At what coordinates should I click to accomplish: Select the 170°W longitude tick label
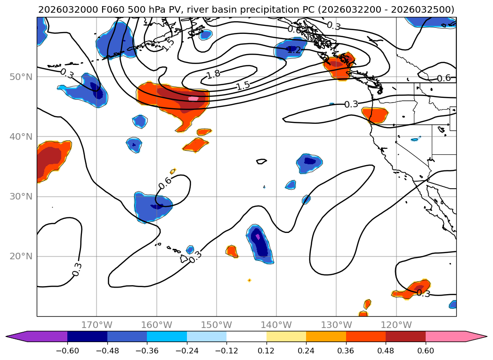coord(97,325)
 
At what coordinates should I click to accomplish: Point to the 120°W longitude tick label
coord(396,325)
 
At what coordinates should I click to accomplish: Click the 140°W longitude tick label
coord(276,325)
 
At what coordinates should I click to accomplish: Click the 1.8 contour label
coord(213,74)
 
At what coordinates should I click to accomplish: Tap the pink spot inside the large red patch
coord(193,98)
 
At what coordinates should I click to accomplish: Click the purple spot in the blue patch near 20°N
coord(258,237)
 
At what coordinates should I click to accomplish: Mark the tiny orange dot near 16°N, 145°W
coord(249,280)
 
